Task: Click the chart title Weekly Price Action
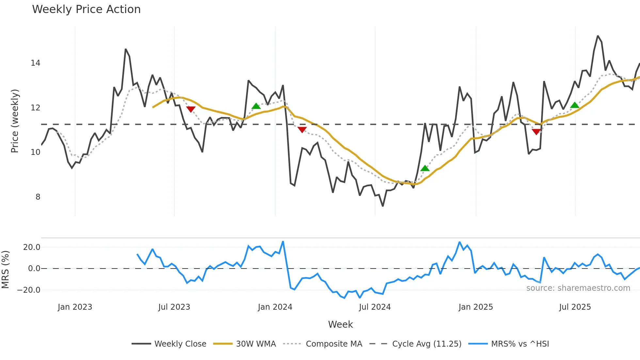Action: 86,9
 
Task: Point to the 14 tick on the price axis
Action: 36,63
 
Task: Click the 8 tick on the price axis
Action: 38,197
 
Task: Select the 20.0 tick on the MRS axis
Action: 32,247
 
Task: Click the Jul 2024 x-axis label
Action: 375,307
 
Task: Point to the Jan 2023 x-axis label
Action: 75,307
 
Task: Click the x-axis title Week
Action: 340,324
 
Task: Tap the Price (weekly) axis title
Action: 15,121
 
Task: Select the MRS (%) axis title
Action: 6,270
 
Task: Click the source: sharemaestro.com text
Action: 578,288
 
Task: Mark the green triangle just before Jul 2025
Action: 575,105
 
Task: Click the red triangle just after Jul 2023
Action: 191,109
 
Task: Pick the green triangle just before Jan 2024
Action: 256,106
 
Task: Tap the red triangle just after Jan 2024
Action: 302,130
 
